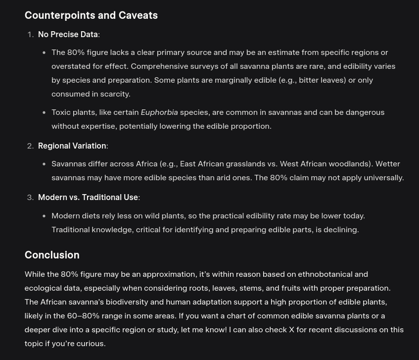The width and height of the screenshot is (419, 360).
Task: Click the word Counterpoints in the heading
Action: pyautogui.click(x=59, y=15)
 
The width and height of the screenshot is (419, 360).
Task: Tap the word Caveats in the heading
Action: pyautogui.click(x=138, y=15)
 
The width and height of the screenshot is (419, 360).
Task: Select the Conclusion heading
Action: pyautogui.click(x=52, y=255)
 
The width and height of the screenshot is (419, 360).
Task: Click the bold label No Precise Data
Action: pyautogui.click(x=68, y=34)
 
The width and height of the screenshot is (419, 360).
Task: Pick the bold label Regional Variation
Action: pyautogui.click(x=72, y=146)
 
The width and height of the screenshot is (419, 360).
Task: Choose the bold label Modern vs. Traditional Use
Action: pyautogui.click(x=88, y=197)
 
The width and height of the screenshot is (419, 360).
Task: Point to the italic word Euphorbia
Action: pyautogui.click(x=159, y=112)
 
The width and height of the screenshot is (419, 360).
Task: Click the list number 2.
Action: pyautogui.click(x=30, y=146)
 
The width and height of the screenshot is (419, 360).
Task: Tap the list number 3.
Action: pyautogui.click(x=30, y=197)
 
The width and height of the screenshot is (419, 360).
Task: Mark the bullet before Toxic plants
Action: pyautogui.click(x=44, y=112)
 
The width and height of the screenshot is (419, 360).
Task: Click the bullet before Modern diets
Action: pyautogui.click(x=44, y=216)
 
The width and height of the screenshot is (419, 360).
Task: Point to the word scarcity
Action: pyautogui.click(x=115, y=94)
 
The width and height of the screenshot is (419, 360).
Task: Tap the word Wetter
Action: pyautogui.click(x=388, y=163)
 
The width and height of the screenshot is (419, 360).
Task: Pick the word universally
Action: pyautogui.click(x=383, y=177)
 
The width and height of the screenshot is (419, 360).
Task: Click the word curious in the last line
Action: pyautogui.click(x=90, y=343)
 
